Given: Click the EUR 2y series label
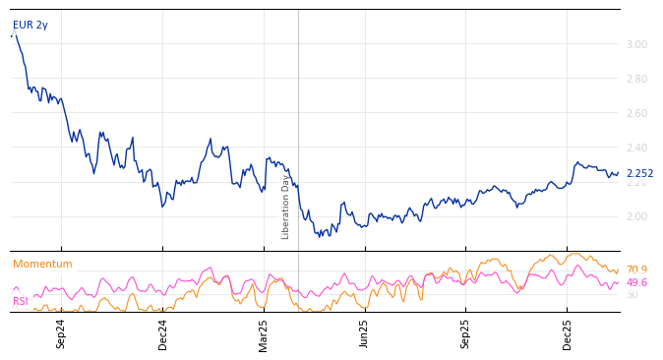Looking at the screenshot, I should click(x=30, y=26).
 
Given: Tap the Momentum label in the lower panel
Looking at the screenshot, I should click(x=42, y=265).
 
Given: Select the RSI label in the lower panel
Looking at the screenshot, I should click(x=21, y=302).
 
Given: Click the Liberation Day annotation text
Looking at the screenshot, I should click(x=286, y=207).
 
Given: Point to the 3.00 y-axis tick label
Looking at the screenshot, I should click(x=636, y=44).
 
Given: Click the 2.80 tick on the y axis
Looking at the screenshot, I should click(x=636, y=79).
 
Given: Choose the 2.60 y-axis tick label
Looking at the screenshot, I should click(x=636, y=113).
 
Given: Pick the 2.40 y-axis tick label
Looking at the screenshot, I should click(x=636, y=148).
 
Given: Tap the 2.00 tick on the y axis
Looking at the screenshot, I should click(x=636, y=216).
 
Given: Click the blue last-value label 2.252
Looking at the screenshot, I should click(x=639, y=174).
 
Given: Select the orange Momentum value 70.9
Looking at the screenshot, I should click(x=636, y=270).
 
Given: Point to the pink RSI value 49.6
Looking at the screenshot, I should click(x=636, y=283).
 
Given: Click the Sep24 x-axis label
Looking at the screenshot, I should click(x=61, y=333).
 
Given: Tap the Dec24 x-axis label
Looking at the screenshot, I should click(x=163, y=333).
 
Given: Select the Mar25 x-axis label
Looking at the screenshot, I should click(x=264, y=333).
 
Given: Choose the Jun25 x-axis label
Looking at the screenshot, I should click(x=365, y=333).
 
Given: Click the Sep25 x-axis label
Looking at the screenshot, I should click(x=466, y=333).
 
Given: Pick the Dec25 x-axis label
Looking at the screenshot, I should click(x=568, y=333).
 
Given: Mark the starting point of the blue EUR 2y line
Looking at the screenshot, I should click(x=11, y=37).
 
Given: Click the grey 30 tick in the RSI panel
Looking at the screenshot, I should click(x=632, y=295).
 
